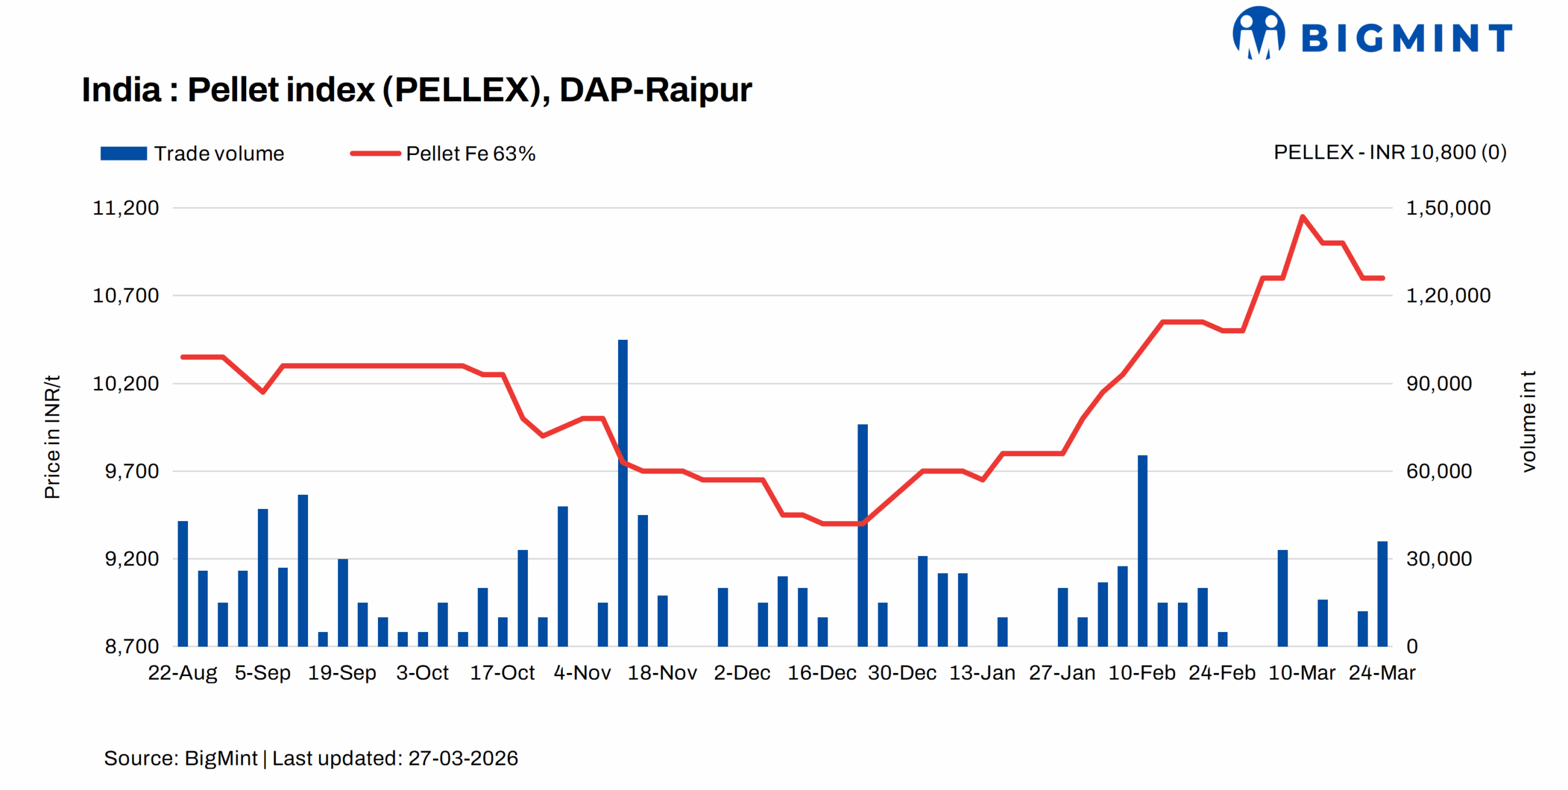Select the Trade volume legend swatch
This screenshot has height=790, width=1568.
pyautogui.click(x=123, y=153)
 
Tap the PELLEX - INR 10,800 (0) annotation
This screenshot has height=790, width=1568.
pyautogui.click(x=1389, y=152)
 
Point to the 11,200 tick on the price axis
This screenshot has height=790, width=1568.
pyautogui.click(x=126, y=208)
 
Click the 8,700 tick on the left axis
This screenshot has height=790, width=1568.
pyautogui.click(x=131, y=646)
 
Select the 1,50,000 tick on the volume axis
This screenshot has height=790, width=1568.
pyautogui.click(x=1447, y=208)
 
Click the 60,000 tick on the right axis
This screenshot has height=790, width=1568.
pyautogui.click(x=1438, y=471)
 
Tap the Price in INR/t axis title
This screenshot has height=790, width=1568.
pyautogui.click(x=53, y=437)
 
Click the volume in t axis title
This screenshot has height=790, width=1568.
pyautogui.click(x=1528, y=421)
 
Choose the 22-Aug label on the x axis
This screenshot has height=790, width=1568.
pyautogui.click(x=183, y=672)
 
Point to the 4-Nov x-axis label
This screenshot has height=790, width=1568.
pyautogui.click(x=582, y=672)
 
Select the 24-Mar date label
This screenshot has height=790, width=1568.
pyautogui.click(x=1381, y=672)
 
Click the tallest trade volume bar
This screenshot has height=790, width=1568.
pyautogui.click(x=623, y=490)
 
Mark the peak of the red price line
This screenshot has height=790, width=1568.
pyautogui.click(x=1302, y=216)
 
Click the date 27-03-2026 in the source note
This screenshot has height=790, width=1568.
pyautogui.click(x=463, y=758)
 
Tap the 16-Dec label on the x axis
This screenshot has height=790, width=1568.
pyautogui.click(x=821, y=672)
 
